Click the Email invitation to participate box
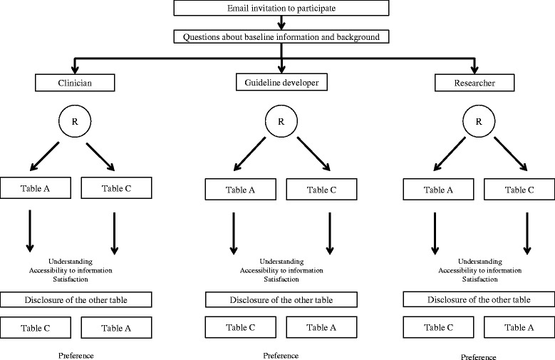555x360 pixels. (281, 8)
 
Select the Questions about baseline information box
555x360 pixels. (281, 37)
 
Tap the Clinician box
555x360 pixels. (75, 83)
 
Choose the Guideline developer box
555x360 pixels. (281, 82)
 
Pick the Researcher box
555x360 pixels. (474, 83)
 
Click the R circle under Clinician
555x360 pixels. (75, 121)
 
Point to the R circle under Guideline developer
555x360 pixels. (281, 121)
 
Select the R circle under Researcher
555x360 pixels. (479, 121)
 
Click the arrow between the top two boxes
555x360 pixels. (281, 23)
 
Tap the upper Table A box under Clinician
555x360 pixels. (36, 187)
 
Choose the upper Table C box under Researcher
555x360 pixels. (519, 190)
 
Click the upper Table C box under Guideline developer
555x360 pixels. (321, 190)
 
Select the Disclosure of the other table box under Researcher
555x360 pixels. (479, 299)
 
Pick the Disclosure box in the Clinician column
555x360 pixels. (76, 300)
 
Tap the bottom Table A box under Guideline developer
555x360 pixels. (321, 327)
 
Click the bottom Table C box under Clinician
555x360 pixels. (36, 328)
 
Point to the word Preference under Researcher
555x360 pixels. (478, 357)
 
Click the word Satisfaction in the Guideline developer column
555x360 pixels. (281, 279)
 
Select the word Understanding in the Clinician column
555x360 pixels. (71, 262)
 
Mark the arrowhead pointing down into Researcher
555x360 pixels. (474, 69)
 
